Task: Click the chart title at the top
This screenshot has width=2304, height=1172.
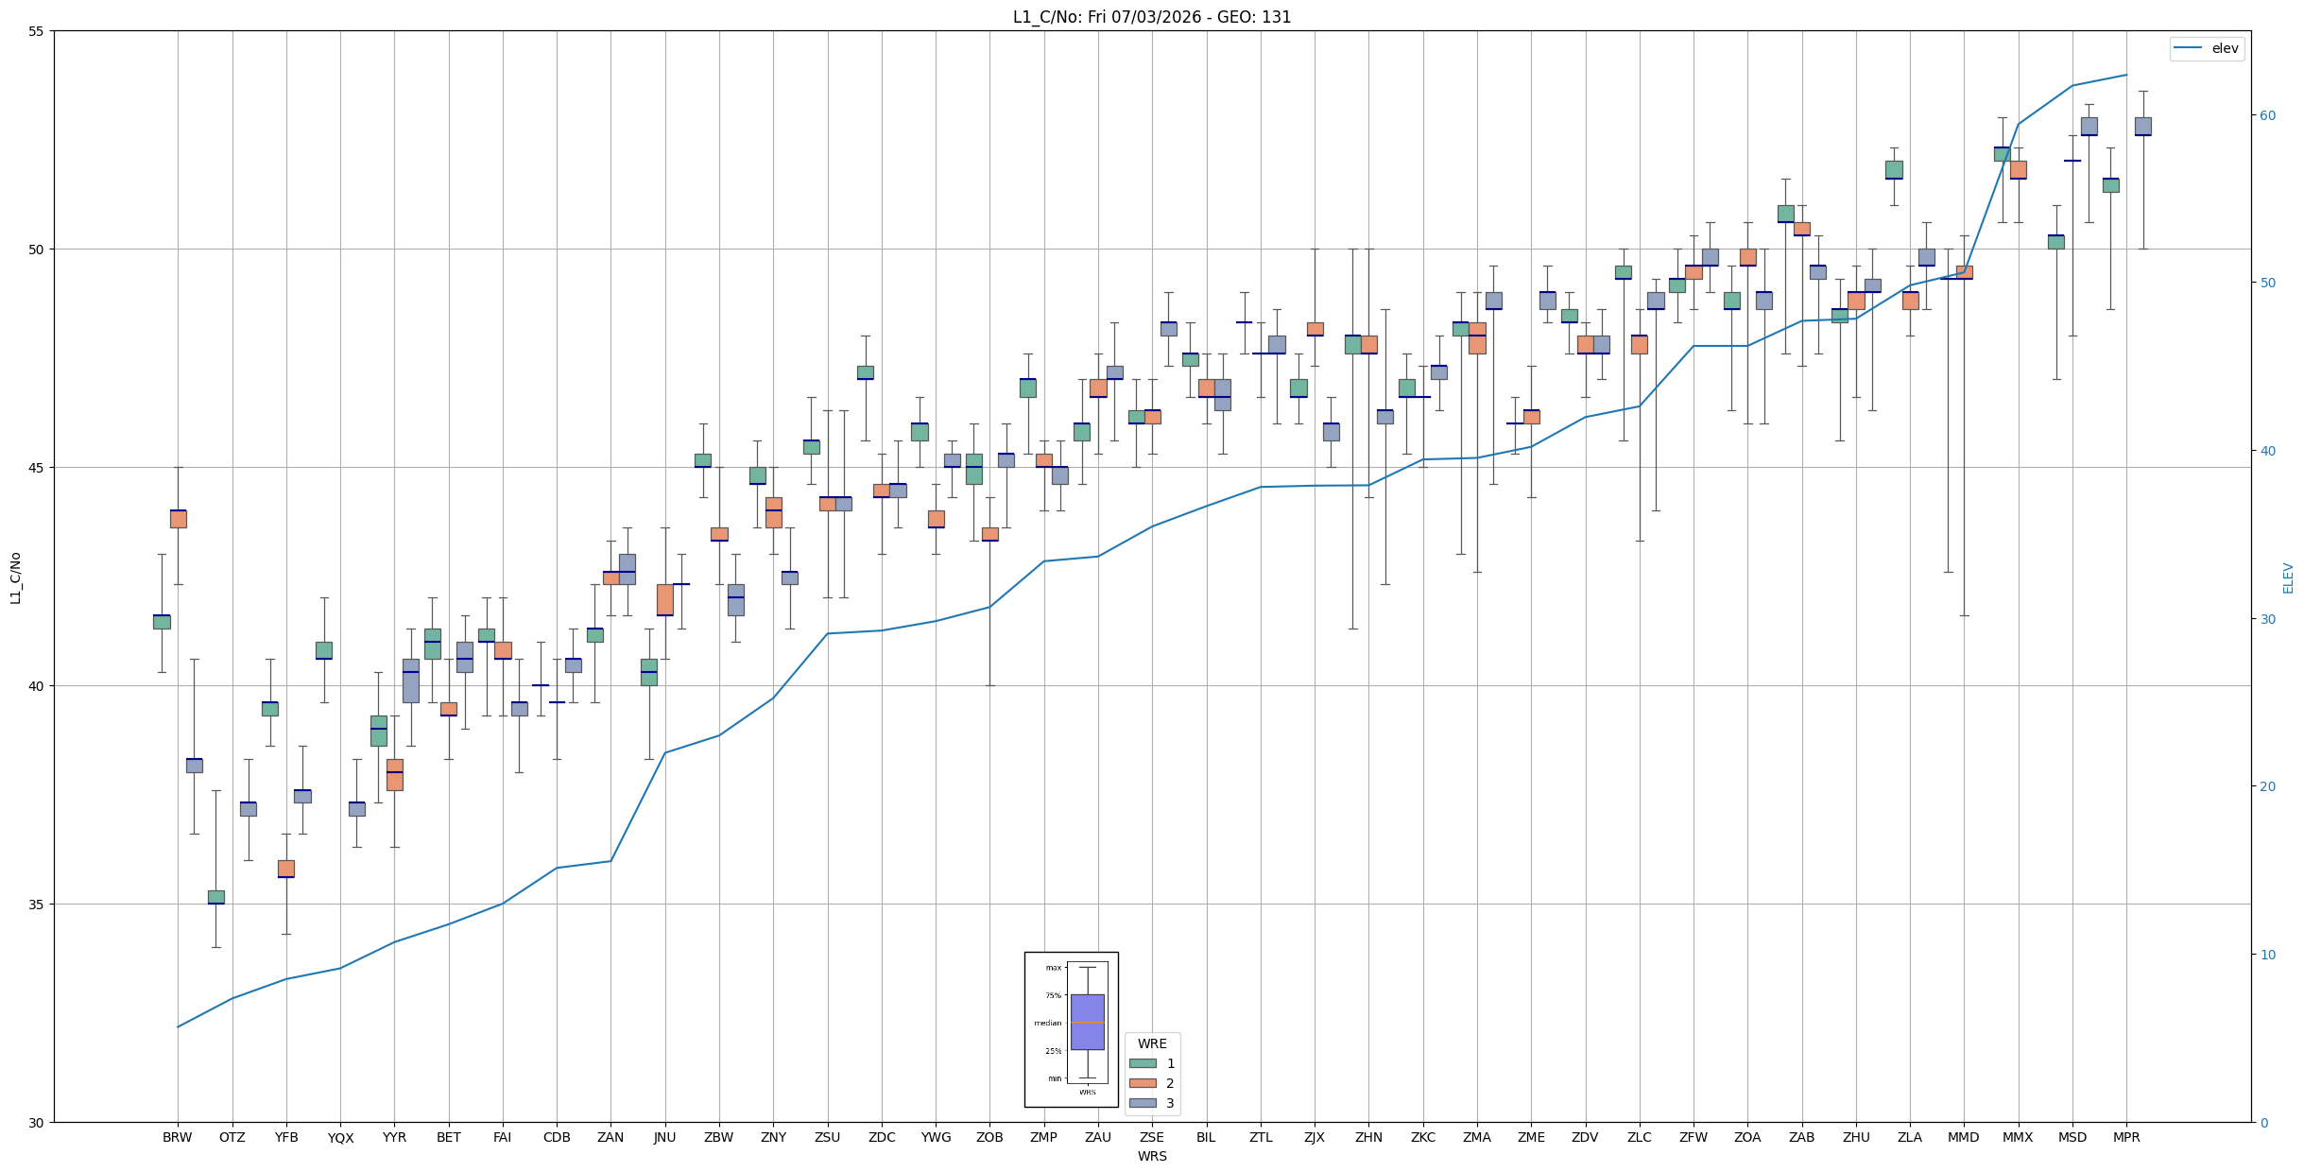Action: click(1152, 17)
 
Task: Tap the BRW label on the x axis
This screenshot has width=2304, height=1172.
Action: click(177, 1137)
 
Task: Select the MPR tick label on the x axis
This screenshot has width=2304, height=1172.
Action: click(2126, 1137)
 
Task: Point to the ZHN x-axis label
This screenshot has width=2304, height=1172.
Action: click(1368, 1137)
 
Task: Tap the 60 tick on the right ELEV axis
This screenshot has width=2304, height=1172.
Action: click(2267, 115)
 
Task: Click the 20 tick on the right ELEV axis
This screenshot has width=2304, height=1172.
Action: click(2267, 786)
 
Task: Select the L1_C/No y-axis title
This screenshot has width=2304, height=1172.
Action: click(15, 577)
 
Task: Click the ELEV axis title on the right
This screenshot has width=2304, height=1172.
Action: click(2288, 577)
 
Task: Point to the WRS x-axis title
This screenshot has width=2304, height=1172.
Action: click(1152, 1156)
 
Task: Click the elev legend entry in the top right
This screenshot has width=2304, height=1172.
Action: click(2206, 48)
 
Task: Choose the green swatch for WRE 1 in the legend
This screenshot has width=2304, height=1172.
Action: click(1143, 1063)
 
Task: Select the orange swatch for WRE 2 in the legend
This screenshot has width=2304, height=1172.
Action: click(1143, 1083)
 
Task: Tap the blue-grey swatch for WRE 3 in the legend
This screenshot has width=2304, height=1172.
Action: click(1143, 1103)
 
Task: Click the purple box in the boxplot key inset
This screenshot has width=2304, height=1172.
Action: click(1087, 1022)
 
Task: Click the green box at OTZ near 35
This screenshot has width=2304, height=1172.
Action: click(216, 897)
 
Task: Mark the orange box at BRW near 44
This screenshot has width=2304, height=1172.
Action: click(178, 519)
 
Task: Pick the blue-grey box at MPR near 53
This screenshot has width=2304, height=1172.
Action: click(2142, 127)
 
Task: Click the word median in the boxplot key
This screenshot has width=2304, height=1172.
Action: click(1048, 1023)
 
